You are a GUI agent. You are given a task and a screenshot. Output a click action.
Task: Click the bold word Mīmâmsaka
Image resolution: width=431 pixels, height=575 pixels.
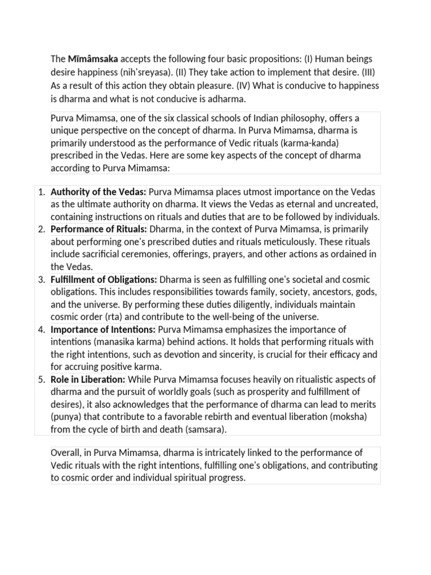pyautogui.click(x=93, y=58)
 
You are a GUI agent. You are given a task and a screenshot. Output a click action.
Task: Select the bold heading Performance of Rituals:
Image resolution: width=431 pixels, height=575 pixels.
pyautogui.click(x=99, y=229)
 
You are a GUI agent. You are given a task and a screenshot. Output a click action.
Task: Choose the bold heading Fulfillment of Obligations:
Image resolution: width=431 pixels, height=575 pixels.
pyautogui.click(x=104, y=279)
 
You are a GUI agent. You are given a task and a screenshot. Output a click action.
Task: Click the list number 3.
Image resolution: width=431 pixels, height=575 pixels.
pyautogui.click(x=41, y=279)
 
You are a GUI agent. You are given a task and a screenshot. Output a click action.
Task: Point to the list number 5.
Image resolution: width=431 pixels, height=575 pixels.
pyautogui.click(x=41, y=380)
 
